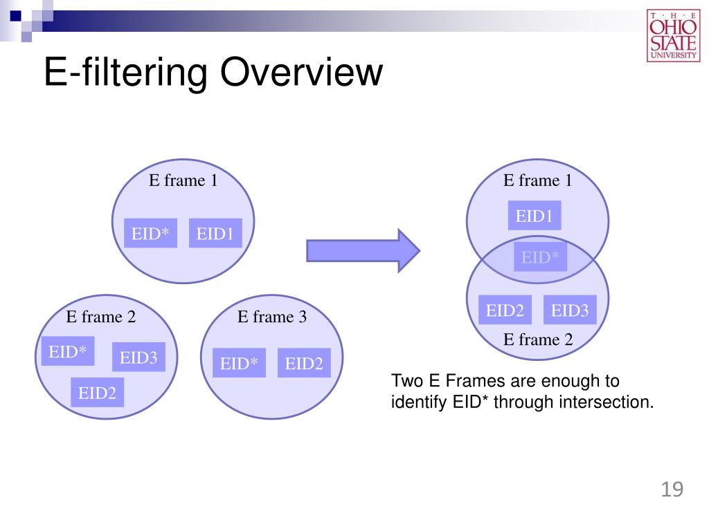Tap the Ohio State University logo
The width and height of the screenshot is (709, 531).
pyautogui.click(x=673, y=36)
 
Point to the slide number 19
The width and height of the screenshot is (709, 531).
pyautogui.click(x=672, y=490)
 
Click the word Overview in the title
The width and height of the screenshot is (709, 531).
pyautogui.click(x=301, y=73)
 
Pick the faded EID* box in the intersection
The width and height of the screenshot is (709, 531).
pyautogui.click(x=540, y=258)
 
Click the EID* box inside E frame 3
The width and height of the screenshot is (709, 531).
pyautogui.click(x=239, y=364)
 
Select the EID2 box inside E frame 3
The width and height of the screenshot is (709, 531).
pyautogui.click(x=304, y=364)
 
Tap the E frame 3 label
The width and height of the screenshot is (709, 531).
pyautogui.click(x=272, y=317)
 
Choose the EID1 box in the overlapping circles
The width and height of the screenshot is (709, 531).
pyautogui.click(x=534, y=216)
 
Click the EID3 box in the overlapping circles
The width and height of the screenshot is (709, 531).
pyautogui.click(x=570, y=310)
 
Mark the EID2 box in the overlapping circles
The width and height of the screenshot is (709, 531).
pyautogui.click(x=505, y=310)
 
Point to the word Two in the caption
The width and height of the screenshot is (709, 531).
pyautogui.click(x=406, y=381)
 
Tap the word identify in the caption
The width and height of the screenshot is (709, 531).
pyautogui.click(x=418, y=402)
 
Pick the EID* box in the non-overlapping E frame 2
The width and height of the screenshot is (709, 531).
pyautogui.click(x=68, y=352)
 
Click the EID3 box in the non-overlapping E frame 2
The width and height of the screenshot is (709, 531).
pyautogui.click(x=138, y=357)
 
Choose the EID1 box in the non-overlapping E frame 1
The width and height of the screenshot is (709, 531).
pyautogui.click(x=215, y=234)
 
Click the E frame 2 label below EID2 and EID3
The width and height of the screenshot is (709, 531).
pyautogui.click(x=538, y=339)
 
